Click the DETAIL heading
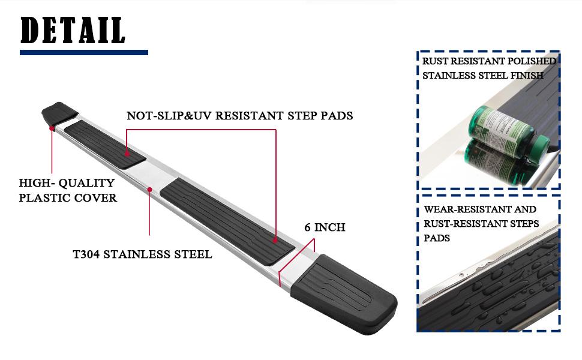point(73,31)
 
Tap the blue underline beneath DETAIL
point(84,53)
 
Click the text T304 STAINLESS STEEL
point(143,254)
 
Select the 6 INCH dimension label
point(325,227)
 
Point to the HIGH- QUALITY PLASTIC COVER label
point(68,190)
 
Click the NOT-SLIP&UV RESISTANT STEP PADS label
point(240,116)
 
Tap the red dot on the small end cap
point(52,128)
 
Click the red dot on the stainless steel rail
point(149,190)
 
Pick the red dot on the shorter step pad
point(127,152)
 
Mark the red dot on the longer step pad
point(275,240)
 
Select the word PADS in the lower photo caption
point(437,238)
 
